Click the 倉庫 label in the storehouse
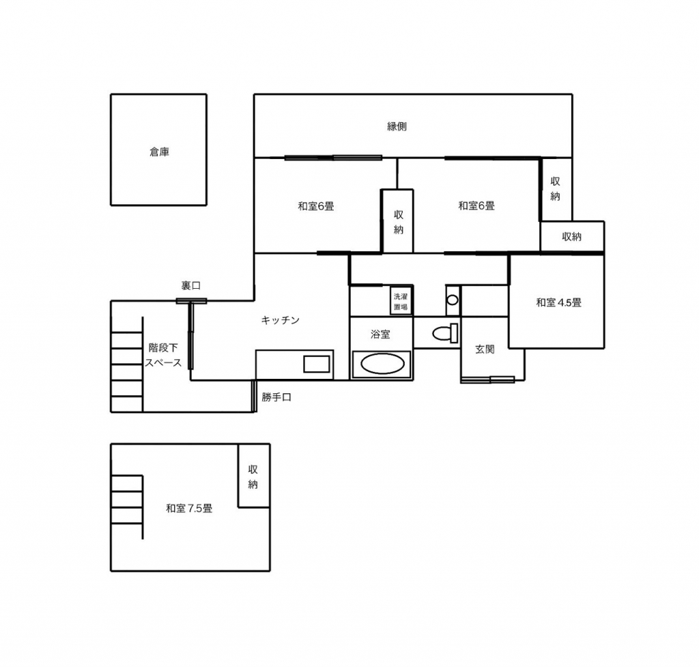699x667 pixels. pyautogui.click(x=159, y=152)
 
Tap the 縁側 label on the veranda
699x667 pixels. pyautogui.click(x=397, y=126)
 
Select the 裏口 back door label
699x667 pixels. pyautogui.click(x=191, y=285)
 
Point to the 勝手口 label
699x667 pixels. pyautogui.click(x=276, y=397)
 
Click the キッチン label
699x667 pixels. pyautogui.click(x=280, y=320)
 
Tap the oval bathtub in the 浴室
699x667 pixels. pyautogui.click(x=382, y=364)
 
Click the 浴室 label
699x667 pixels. pyautogui.click(x=380, y=334)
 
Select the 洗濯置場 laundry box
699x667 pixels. pyautogui.click(x=400, y=302)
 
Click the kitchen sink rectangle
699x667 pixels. pyautogui.click(x=317, y=365)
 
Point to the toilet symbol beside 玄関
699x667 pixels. pyautogui.click(x=445, y=333)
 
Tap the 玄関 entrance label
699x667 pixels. pyautogui.click(x=485, y=349)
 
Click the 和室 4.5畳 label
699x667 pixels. pyautogui.click(x=558, y=302)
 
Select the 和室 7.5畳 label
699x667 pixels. pyautogui.click(x=189, y=509)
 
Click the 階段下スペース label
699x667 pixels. pyautogui.click(x=163, y=355)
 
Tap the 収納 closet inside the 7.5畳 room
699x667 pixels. pyautogui.click(x=254, y=476)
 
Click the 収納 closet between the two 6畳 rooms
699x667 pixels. pyautogui.click(x=397, y=221)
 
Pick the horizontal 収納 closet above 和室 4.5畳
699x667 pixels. pyautogui.click(x=573, y=237)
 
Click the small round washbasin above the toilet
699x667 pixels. pyautogui.click(x=453, y=300)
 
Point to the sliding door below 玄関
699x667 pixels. pyautogui.click(x=487, y=380)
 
